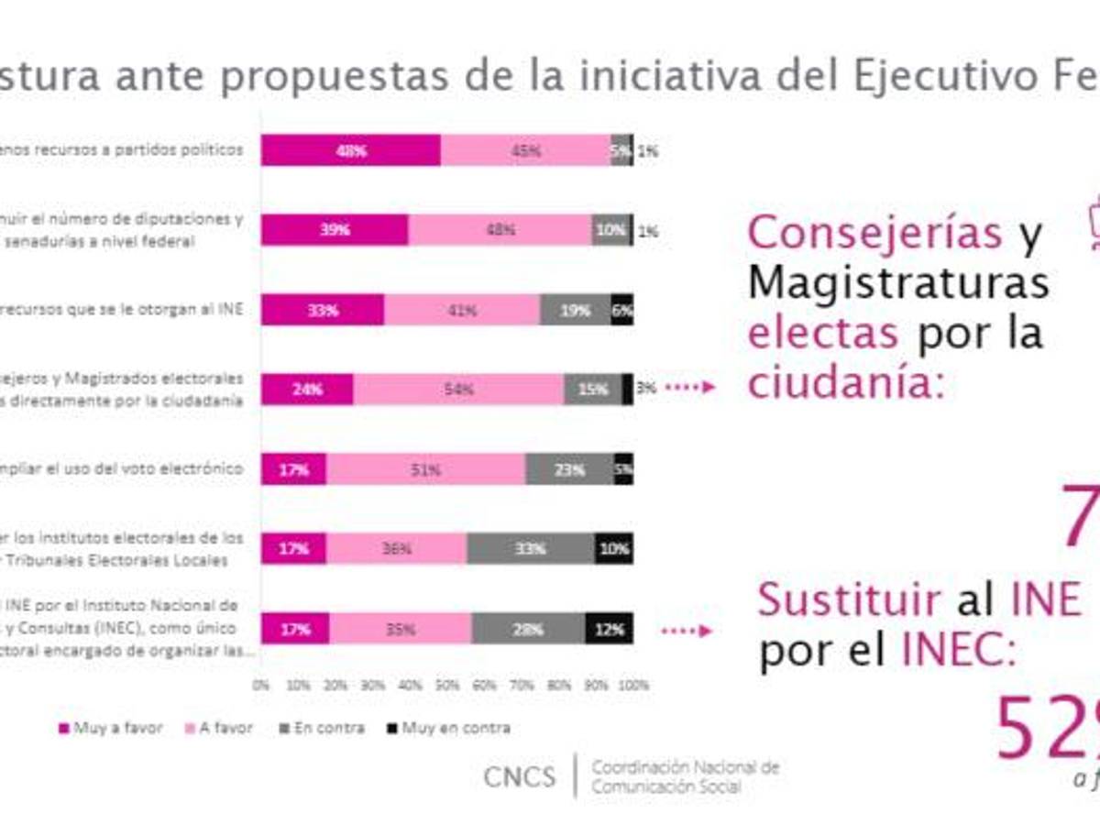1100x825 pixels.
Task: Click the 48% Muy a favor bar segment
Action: (350, 151)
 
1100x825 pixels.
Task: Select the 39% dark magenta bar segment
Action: (335, 230)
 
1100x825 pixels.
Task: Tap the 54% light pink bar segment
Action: (458, 389)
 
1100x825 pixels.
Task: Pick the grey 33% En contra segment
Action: (531, 549)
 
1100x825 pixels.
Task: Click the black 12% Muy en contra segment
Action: (609, 630)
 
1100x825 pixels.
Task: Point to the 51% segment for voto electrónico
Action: (426, 469)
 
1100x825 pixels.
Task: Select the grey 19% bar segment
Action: (575, 311)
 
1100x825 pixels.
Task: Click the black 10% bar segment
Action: (613, 549)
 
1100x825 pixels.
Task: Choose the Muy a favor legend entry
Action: (110, 728)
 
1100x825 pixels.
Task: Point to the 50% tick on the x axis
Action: (447, 685)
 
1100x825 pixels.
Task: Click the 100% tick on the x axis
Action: (632, 685)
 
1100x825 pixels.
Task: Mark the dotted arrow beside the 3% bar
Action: (688, 389)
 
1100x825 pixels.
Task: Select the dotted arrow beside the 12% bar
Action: (687, 631)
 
